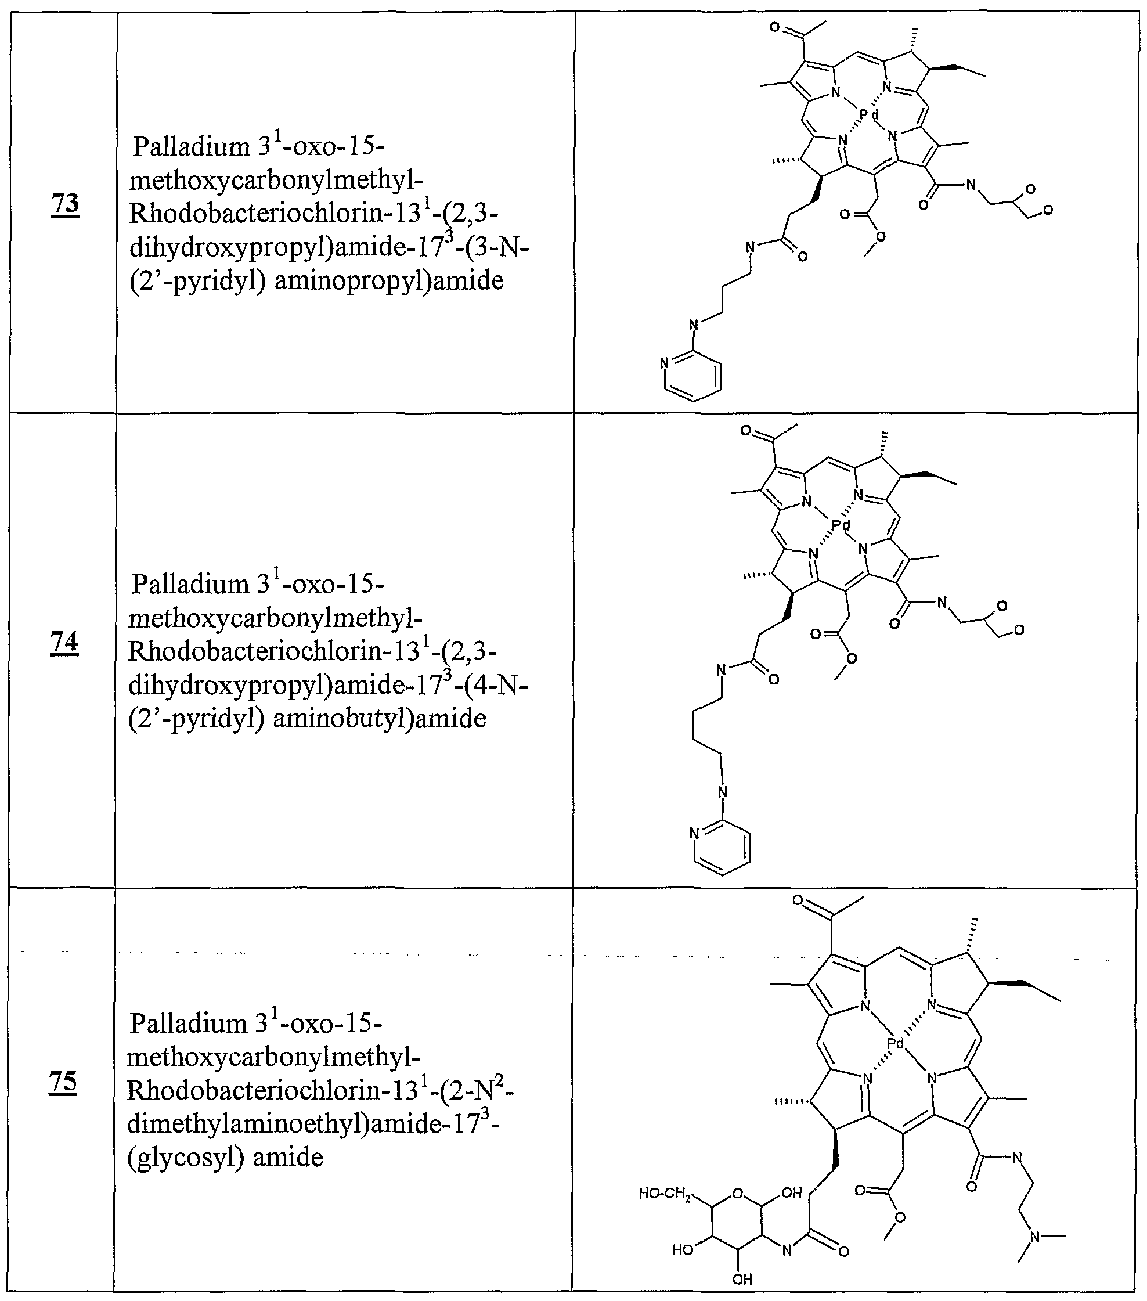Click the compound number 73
tap(65, 205)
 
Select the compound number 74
tap(64, 642)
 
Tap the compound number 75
tap(63, 1082)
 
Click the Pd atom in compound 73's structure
tap(868, 114)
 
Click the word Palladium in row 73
tap(191, 147)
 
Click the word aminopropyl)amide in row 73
tap(389, 280)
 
